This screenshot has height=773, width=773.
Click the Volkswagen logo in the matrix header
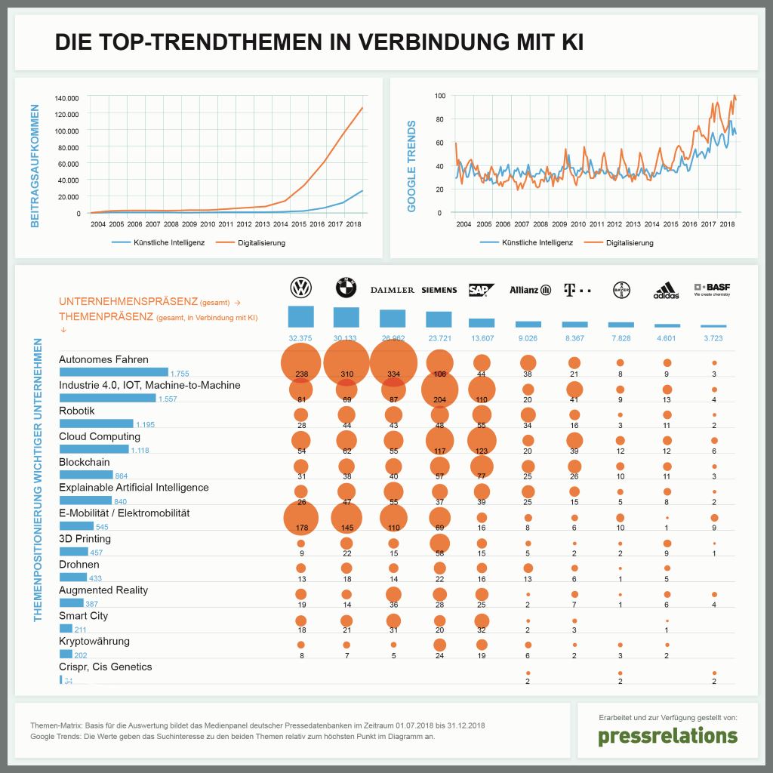pyautogui.click(x=300, y=288)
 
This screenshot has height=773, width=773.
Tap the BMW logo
pyautogui.click(x=346, y=288)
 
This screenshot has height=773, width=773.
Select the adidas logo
pyautogui.click(x=667, y=290)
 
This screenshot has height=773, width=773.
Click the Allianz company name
pyautogui.click(x=525, y=290)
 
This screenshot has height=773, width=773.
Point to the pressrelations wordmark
pyautogui.click(x=667, y=736)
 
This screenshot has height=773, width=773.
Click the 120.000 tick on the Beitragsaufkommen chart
pyautogui.click(x=66, y=114)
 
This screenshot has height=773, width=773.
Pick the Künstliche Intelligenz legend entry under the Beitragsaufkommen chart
pyautogui.click(x=158, y=243)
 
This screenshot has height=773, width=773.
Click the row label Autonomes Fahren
pyautogui.click(x=103, y=359)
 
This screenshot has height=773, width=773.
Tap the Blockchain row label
pyautogui.click(x=85, y=462)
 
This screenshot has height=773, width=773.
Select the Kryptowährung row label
pyautogui.click(x=94, y=641)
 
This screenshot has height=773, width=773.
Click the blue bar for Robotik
pyautogui.click(x=96, y=423)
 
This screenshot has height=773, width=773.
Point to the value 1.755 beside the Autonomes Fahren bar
pyautogui.click(x=179, y=373)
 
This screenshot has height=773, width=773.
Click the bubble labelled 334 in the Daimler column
pyautogui.click(x=393, y=362)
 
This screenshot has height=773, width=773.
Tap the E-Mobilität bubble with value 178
pyautogui.click(x=300, y=517)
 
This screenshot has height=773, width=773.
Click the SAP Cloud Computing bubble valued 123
pyautogui.click(x=482, y=440)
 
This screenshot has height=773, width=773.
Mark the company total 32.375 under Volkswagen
pyautogui.click(x=300, y=338)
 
